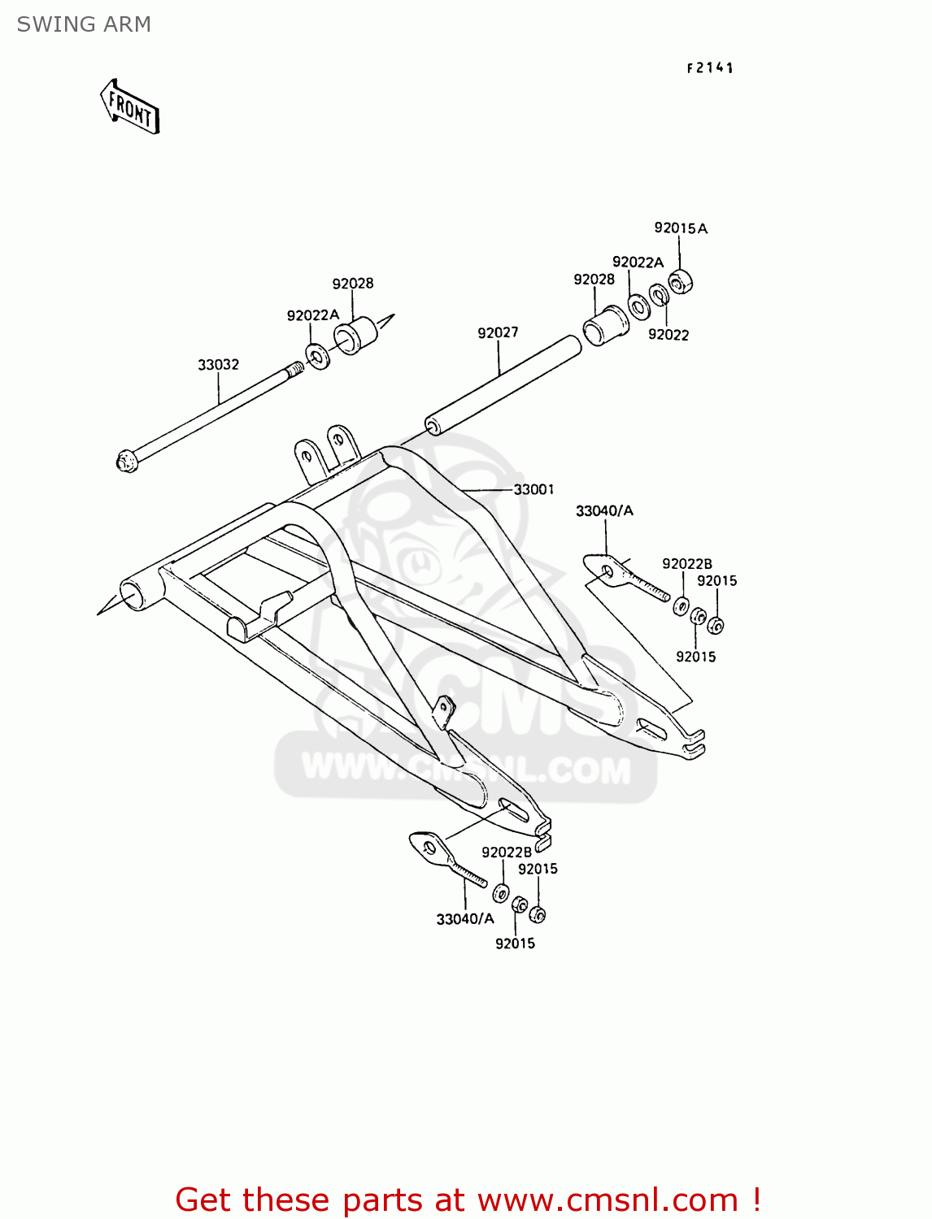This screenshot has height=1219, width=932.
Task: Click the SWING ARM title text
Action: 84,24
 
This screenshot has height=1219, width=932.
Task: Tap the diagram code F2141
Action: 710,68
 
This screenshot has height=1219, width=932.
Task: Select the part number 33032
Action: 218,365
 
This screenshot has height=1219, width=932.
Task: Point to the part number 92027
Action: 498,332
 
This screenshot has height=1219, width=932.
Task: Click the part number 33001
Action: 534,489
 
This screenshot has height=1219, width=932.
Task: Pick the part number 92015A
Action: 681,228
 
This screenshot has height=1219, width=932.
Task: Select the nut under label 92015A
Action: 680,283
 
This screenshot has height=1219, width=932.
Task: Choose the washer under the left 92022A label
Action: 317,356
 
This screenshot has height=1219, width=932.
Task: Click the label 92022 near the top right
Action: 669,335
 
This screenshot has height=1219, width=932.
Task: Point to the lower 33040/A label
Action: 465,919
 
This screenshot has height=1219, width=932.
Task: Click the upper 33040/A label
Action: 604,511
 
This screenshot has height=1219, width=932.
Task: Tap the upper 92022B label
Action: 686,564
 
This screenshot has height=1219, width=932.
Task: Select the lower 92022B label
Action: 506,852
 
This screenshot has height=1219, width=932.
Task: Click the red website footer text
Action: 468,1200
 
